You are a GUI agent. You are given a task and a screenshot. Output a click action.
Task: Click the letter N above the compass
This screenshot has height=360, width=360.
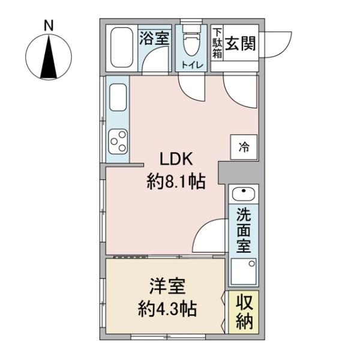(49, 26)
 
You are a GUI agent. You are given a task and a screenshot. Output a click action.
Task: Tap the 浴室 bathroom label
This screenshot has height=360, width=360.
(154, 38)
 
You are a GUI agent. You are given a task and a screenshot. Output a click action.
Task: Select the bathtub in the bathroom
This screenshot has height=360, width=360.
(122, 48)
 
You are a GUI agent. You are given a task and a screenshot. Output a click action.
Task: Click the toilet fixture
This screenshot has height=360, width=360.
(191, 42)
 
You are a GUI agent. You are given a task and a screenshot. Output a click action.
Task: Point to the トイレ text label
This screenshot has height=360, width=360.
(191, 65)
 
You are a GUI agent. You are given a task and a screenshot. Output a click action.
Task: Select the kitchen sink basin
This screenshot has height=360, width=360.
(117, 97)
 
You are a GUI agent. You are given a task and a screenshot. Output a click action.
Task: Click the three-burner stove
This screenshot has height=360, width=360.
(117, 141)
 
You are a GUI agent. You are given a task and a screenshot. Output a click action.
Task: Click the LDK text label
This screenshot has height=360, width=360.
(175, 160)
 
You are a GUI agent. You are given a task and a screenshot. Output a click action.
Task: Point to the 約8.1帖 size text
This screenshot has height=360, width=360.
(176, 181)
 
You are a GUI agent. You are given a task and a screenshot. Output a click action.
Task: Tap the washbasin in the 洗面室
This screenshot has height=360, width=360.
(244, 194)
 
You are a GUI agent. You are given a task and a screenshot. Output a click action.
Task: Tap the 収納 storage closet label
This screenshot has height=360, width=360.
(244, 312)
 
